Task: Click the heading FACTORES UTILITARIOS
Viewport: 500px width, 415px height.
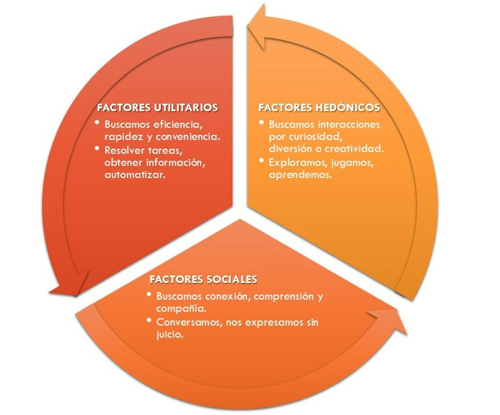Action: coord(158,108)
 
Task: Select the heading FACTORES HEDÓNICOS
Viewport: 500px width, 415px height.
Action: coord(319,108)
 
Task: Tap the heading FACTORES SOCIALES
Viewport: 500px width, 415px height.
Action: coord(203,279)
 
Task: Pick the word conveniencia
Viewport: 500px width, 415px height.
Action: coord(191,137)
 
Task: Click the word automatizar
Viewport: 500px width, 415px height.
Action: coord(135,174)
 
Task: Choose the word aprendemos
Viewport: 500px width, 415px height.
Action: coord(301,175)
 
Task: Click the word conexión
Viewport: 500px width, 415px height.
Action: coord(229,296)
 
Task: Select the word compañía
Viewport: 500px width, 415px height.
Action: coord(181,309)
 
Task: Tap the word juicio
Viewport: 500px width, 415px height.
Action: coord(170,334)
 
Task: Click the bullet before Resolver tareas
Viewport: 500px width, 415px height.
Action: coord(98,148)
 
